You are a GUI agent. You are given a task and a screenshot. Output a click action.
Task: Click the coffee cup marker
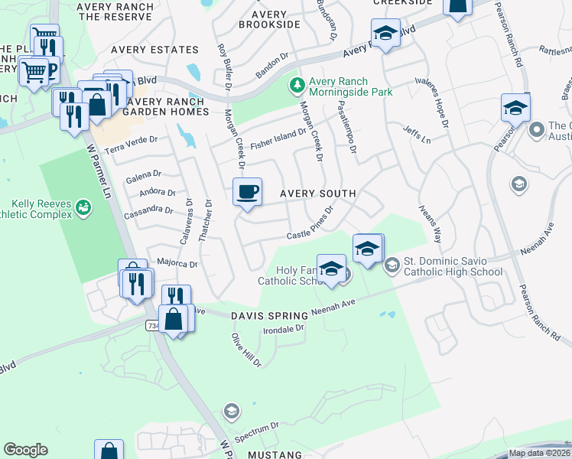click(x=247, y=191)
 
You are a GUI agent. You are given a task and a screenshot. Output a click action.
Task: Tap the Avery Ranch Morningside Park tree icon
click(x=297, y=86)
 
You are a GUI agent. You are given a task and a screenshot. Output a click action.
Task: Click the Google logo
click(x=25, y=450)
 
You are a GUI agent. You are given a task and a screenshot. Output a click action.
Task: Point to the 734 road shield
click(x=152, y=325)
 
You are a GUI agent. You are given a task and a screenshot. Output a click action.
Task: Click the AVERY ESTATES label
click(x=154, y=50)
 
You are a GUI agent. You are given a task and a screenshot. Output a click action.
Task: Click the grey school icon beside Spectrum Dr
click(x=230, y=413)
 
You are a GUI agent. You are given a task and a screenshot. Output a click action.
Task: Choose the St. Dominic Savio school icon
click(x=392, y=265)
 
